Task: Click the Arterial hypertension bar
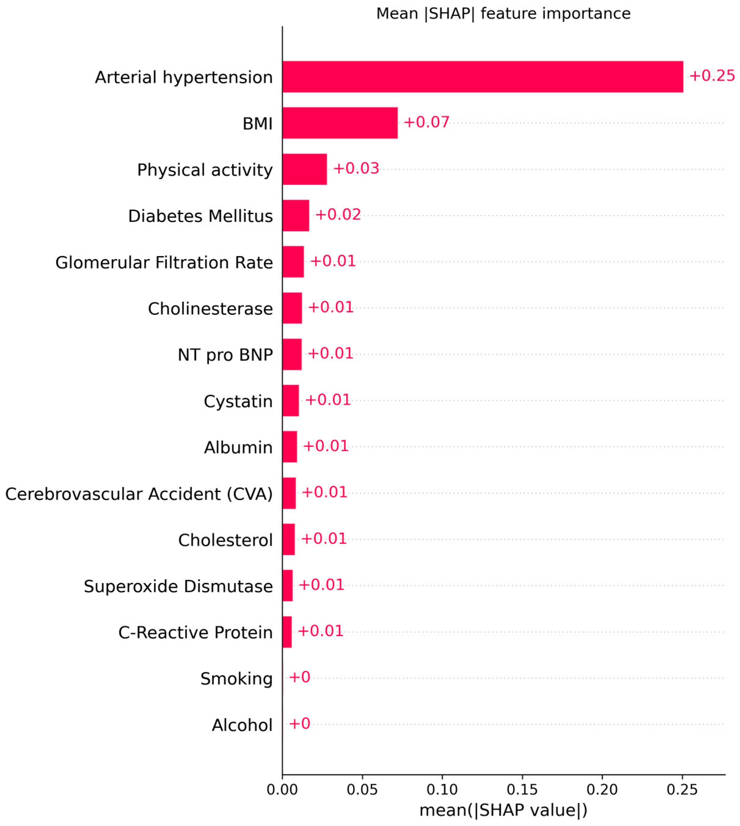point(482,77)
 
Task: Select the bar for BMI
point(340,123)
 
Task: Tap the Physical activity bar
point(305,169)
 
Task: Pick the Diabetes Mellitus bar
point(296,216)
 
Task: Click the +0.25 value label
point(712,76)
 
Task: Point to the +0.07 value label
point(426,122)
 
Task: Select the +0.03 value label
point(356,168)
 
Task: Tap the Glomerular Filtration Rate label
point(164,263)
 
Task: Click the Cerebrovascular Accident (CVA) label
point(139,494)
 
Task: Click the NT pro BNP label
point(225,355)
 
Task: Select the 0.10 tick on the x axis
point(442,789)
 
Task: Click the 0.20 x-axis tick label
point(602,789)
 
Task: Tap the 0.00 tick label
point(282,789)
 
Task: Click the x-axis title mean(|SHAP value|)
point(503,810)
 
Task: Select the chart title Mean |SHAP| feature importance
point(503,14)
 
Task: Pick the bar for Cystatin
point(290,400)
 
